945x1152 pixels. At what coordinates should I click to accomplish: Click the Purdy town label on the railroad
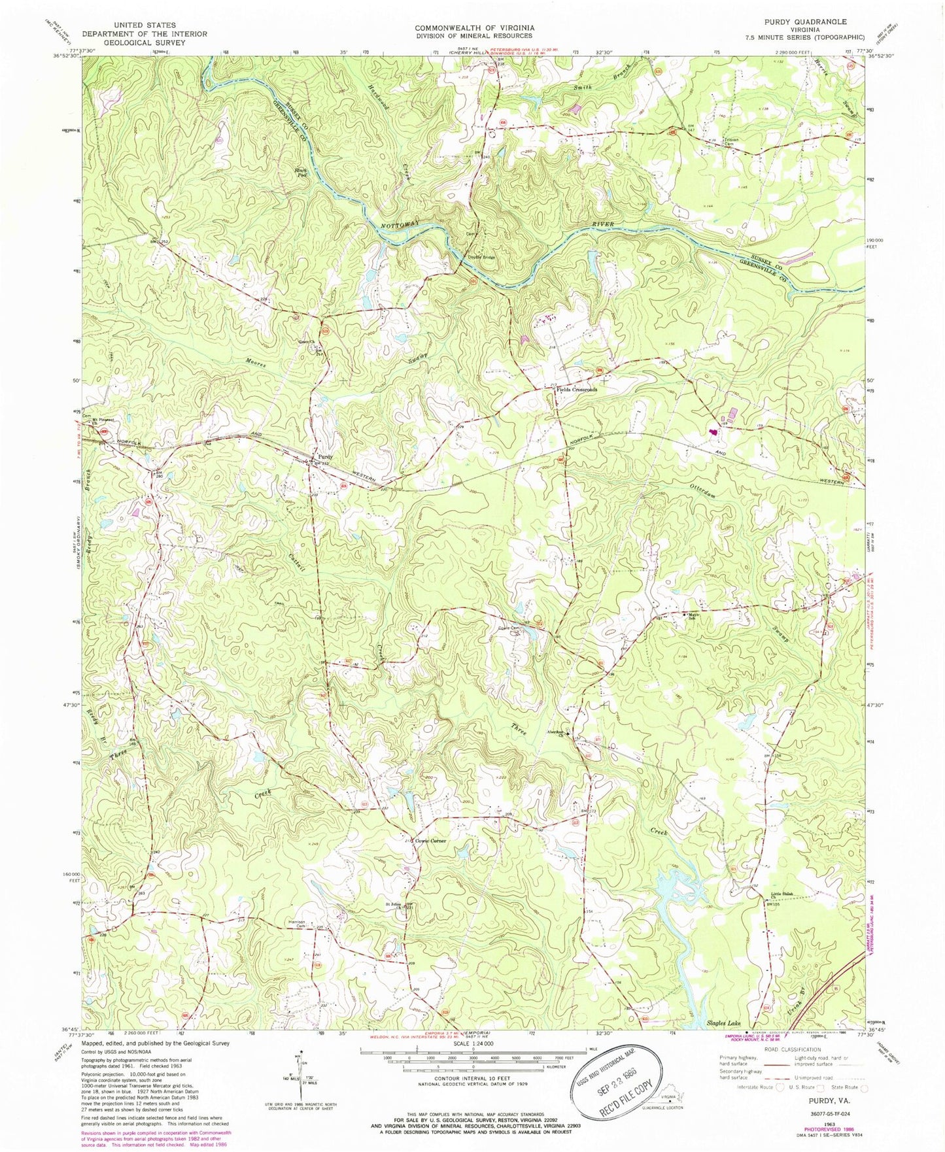pos(325,456)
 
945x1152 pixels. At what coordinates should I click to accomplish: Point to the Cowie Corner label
pos(429,841)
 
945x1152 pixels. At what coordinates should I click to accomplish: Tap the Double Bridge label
pos(481,257)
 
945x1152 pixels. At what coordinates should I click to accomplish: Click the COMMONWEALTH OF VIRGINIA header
pos(474,27)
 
